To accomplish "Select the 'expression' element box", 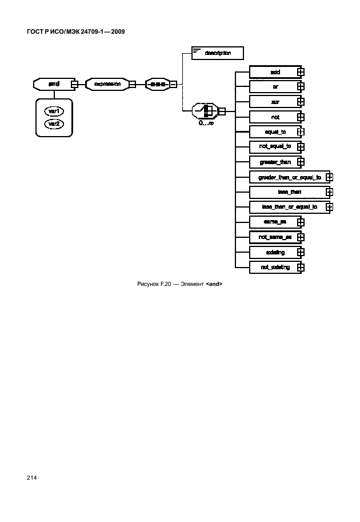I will [107, 85].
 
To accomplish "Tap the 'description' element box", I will [217, 53].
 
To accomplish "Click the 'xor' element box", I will [274, 102].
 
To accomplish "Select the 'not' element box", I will [274, 117].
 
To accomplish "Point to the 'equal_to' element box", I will [274, 132].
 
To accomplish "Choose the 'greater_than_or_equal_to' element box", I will [289, 177].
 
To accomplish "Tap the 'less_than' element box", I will [289, 192].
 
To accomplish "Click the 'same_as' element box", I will [274, 222].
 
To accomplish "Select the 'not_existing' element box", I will [274, 267].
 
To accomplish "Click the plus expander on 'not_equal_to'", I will [301, 147].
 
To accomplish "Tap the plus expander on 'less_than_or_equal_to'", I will [329, 207].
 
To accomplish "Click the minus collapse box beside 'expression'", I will [132, 85].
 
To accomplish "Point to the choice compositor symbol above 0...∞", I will [204, 110].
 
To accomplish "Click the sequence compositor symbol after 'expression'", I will [157, 85].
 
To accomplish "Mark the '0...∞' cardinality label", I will [206, 123].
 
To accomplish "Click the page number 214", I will [31, 477].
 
